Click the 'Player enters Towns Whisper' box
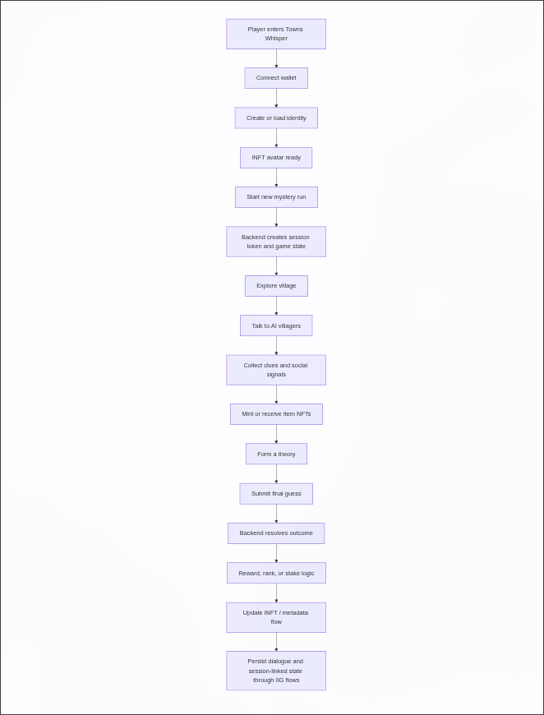(x=276, y=34)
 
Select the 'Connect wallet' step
(x=276, y=78)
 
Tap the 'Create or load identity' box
(x=276, y=118)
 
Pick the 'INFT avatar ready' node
(x=276, y=157)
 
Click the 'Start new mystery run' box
(x=276, y=197)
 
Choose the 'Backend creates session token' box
(x=276, y=242)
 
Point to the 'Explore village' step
(x=276, y=286)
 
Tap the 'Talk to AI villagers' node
(x=276, y=325)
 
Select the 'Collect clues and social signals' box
(x=276, y=370)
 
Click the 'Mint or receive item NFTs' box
(x=276, y=414)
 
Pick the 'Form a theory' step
(x=276, y=454)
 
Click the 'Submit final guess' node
(x=276, y=494)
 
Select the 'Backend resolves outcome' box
(x=276, y=533)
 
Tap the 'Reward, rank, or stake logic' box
(x=276, y=573)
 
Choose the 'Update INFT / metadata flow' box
(x=276, y=617)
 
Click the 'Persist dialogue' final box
(x=276, y=671)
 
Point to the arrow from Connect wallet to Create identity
(x=276, y=98)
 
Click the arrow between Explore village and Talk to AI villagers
(x=276, y=306)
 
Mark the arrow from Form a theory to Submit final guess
(x=276, y=473)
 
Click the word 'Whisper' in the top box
(x=276, y=39)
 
